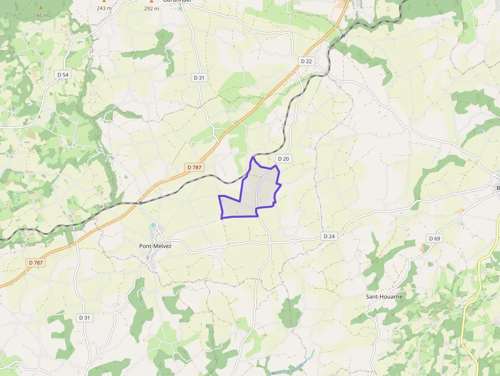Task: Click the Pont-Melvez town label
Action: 155,246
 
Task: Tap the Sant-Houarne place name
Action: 384,296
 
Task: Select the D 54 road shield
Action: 63,74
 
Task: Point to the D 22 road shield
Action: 306,61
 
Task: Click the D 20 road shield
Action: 283,159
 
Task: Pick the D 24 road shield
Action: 329,236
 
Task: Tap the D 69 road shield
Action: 434,238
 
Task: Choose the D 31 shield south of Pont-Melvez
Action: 85,317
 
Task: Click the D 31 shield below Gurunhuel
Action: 199,78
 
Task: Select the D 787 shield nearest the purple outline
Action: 194,167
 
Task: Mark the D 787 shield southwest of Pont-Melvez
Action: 35,263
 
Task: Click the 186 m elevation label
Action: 41,15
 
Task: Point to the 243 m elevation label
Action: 104,8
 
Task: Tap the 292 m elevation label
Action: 151,8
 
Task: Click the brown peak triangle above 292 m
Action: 151,2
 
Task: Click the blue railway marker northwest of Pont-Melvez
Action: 140,203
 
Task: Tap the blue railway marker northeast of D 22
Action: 343,36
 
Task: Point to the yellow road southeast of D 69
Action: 464,327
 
